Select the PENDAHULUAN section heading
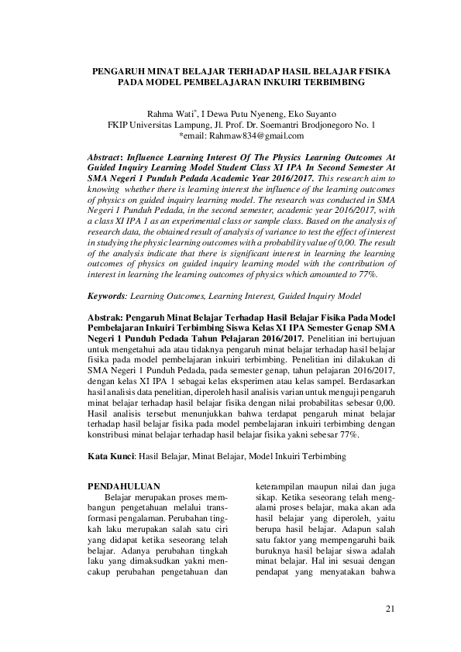pyautogui.click(x=126, y=486)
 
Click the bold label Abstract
pyautogui.click(x=108, y=156)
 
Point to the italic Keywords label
pyautogui.click(x=108, y=296)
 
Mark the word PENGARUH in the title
pyautogui.click(x=118, y=70)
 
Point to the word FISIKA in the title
pyautogui.click(x=373, y=70)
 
